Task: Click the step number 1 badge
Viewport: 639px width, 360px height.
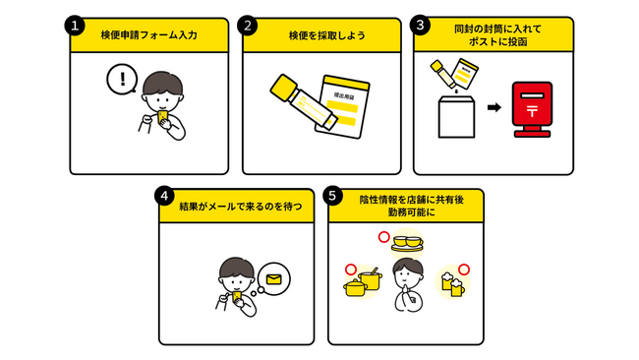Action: click(x=75, y=27)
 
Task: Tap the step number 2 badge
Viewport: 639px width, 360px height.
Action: click(x=248, y=27)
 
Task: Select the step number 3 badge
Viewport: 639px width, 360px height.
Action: click(x=420, y=26)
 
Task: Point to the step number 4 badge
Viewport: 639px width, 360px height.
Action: click(x=164, y=196)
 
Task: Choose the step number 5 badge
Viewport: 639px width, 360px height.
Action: click(x=332, y=196)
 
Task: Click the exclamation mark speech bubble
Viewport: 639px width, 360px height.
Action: click(x=122, y=79)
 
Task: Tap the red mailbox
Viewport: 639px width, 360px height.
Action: click(x=532, y=109)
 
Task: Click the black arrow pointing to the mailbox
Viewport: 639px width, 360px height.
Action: click(x=494, y=107)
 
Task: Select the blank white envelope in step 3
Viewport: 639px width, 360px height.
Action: click(x=456, y=117)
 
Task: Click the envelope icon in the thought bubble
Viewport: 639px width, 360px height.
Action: click(x=274, y=279)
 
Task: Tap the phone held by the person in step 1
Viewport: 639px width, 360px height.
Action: click(x=162, y=117)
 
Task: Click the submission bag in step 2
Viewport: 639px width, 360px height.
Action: click(x=342, y=107)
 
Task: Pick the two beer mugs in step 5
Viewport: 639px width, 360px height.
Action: click(x=453, y=283)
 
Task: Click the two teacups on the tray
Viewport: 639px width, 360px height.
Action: click(x=408, y=243)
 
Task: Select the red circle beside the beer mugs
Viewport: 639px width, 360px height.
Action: click(x=464, y=270)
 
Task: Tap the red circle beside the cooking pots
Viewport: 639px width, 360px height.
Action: click(x=351, y=270)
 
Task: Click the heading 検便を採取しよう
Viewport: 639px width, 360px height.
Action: click(x=326, y=35)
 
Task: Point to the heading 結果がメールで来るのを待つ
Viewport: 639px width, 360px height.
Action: click(x=241, y=207)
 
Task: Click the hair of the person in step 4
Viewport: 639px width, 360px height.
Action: click(x=236, y=268)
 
